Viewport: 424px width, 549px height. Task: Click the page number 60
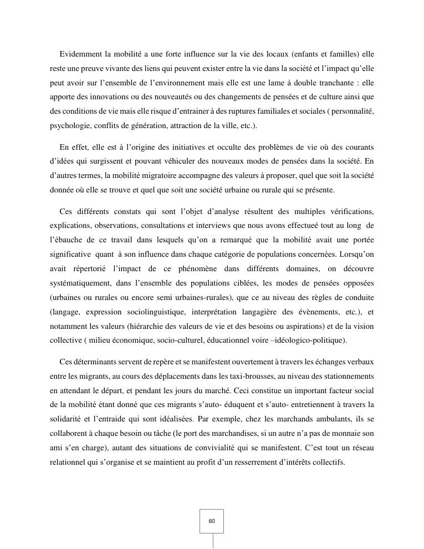(212, 521)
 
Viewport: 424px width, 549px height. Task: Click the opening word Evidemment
(81, 54)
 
